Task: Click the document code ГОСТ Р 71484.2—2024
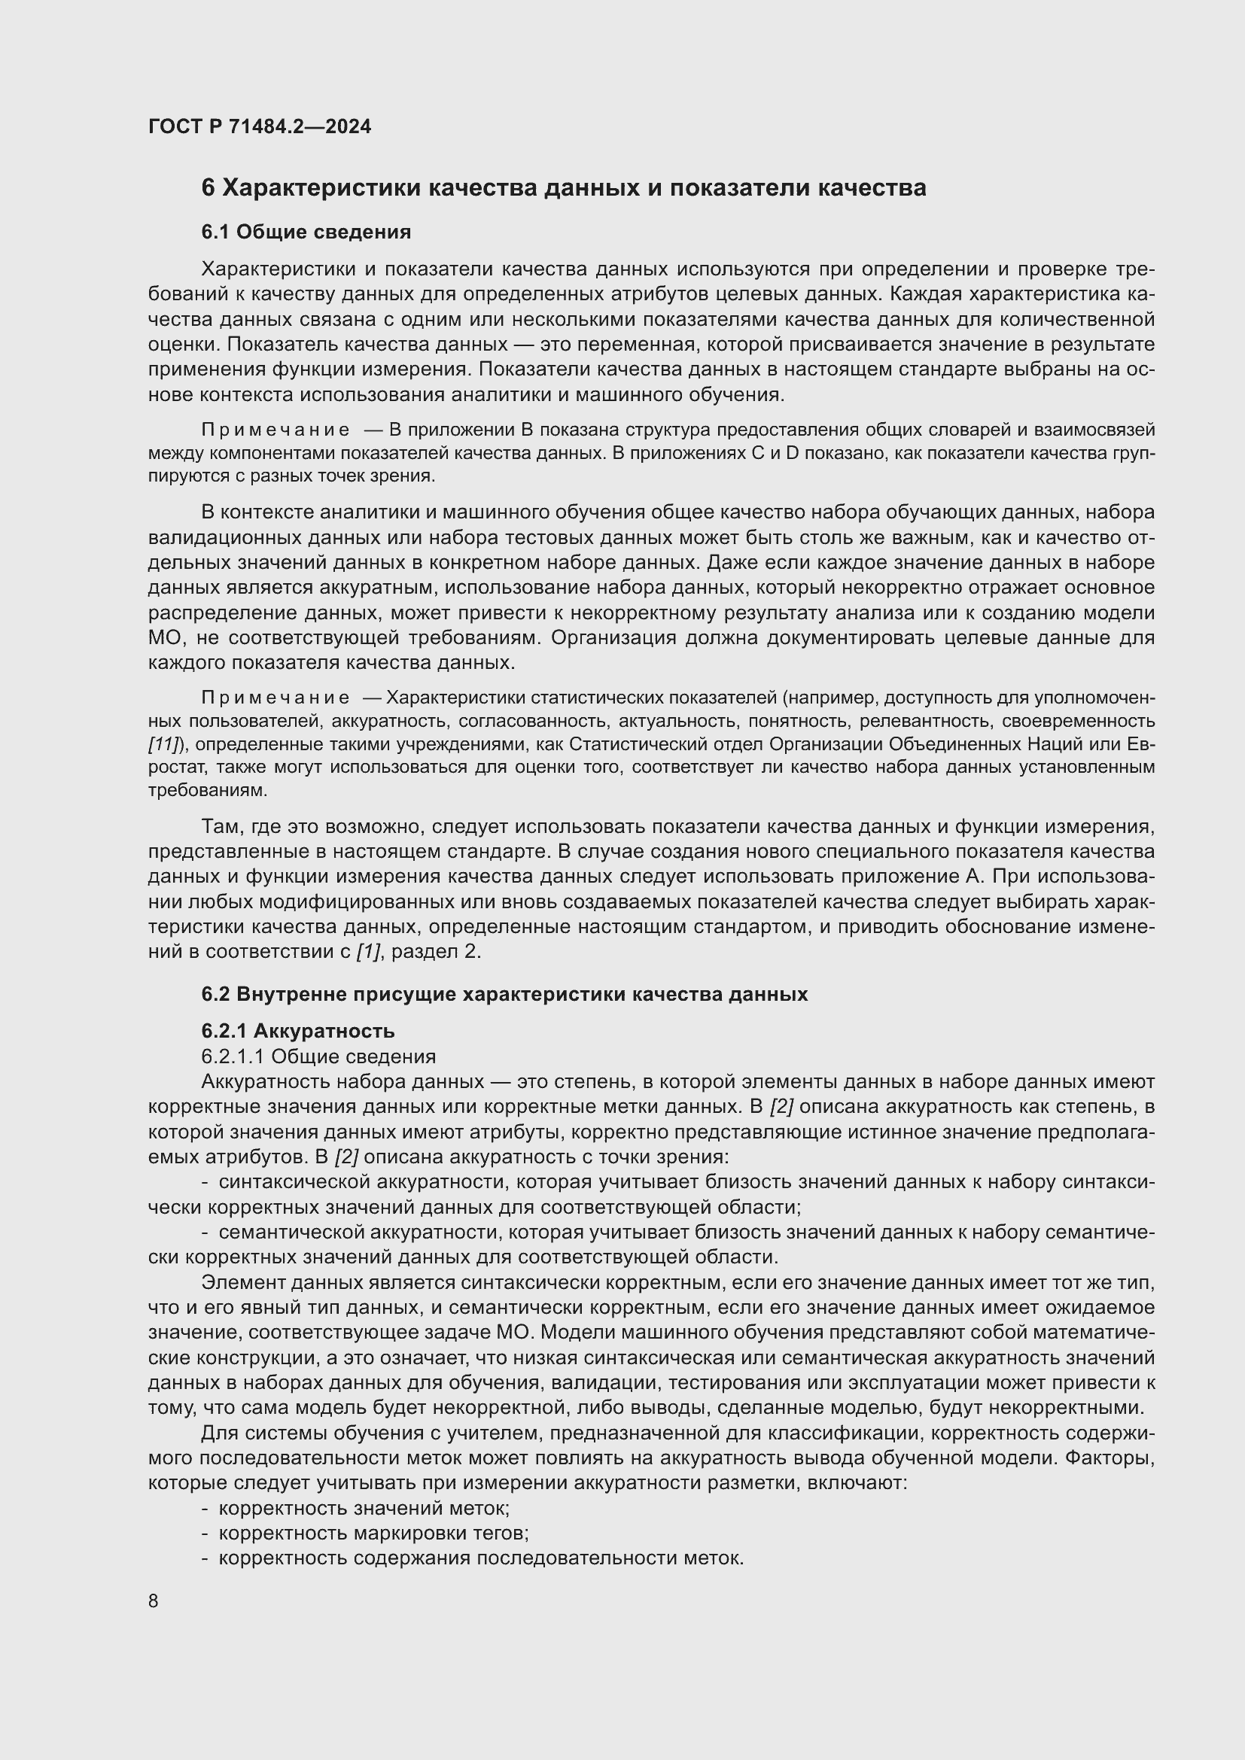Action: [x=259, y=126]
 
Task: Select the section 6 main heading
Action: [x=564, y=188]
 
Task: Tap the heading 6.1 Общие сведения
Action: [x=306, y=232]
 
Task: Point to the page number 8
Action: [x=154, y=1600]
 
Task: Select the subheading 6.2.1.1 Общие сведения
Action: [x=318, y=1056]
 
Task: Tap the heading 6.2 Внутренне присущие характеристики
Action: [x=504, y=994]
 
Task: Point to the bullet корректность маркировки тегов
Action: [x=374, y=1533]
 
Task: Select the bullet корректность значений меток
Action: [x=364, y=1508]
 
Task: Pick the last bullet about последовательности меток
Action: [x=481, y=1558]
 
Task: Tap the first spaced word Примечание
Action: [x=275, y=430]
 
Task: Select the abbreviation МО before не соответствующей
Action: [x=165, y=638]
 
